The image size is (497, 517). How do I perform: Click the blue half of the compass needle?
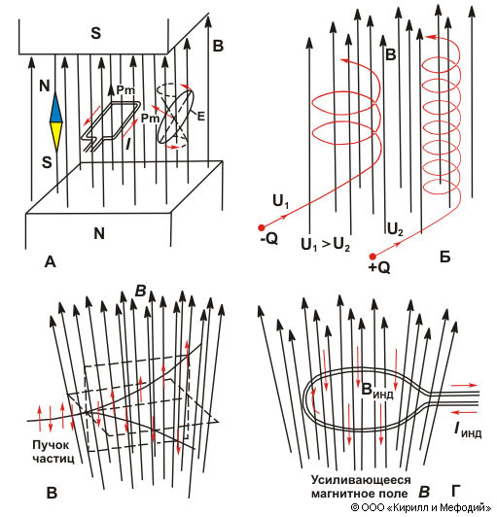tap(56, 110)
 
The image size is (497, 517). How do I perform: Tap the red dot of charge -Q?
tap(262, 227)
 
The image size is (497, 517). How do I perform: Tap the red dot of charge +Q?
tap(373, 257)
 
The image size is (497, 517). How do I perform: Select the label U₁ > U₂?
tap(325, 245)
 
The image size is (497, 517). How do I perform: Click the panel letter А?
tap(51, 262)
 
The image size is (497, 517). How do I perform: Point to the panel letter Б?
tap(445, 257)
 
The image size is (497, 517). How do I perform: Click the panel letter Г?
tap(456, 491)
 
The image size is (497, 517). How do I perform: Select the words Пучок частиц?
tap(53, 452)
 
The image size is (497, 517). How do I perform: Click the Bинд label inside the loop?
tap(376, 391)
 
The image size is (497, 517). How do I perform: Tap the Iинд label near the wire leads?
tap(468, 430)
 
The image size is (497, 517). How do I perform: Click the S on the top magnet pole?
tap(96, 33)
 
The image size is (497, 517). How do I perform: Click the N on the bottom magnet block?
tap(99, 233)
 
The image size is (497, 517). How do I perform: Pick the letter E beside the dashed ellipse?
tap(200, 116)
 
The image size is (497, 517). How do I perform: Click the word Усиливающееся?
tap(361, 480)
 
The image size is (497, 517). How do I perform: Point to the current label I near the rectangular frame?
tap(128, 145)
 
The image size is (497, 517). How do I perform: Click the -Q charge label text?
tap(269, 239)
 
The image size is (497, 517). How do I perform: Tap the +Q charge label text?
tap(379, 268)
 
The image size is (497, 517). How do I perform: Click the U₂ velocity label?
tap(395, 229)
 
